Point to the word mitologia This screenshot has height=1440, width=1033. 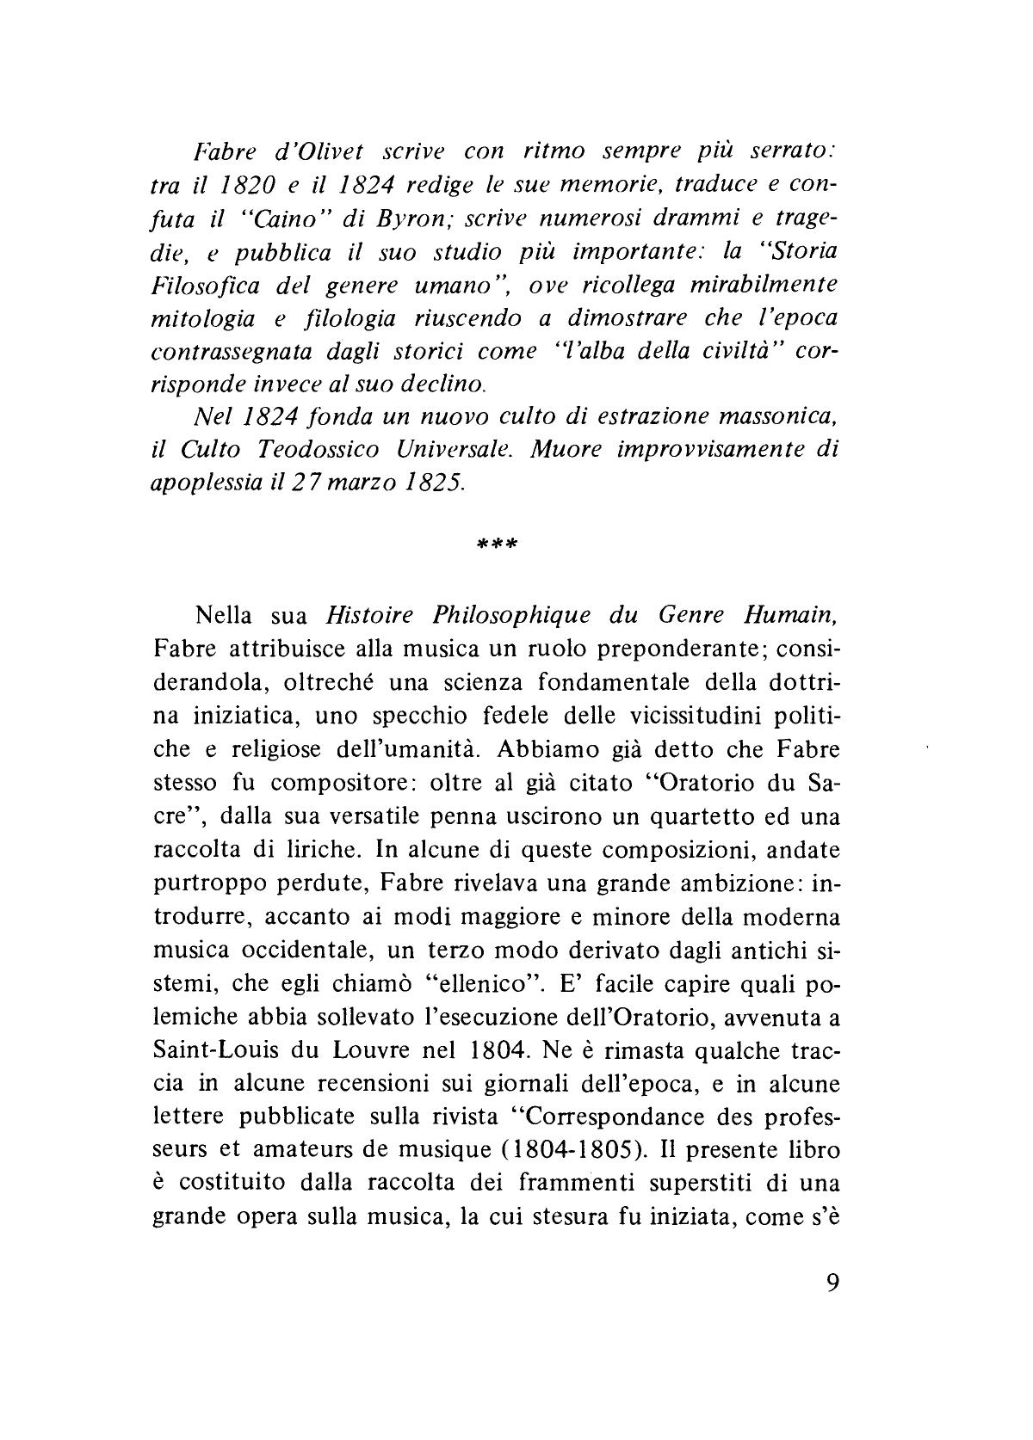[x=202, y=319]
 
